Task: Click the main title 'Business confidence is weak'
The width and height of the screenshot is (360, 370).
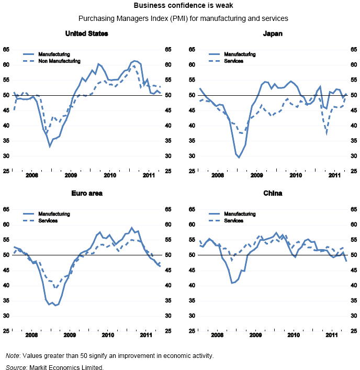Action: coord(180,6)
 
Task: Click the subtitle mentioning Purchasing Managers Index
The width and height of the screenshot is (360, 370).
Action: coord(180,18)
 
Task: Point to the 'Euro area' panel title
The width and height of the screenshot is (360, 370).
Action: coord(87,193)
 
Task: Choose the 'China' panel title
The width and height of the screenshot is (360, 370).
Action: coord(273,193)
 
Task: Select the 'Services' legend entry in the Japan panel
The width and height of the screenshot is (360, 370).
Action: coord(233,61)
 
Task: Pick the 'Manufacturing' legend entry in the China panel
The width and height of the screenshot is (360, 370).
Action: coord(239,214)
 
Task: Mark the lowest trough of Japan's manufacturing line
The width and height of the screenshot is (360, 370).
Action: coord(239,157)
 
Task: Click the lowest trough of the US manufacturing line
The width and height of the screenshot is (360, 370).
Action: coord(50,146)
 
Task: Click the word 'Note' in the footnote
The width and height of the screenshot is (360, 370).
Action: coord(13,356)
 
